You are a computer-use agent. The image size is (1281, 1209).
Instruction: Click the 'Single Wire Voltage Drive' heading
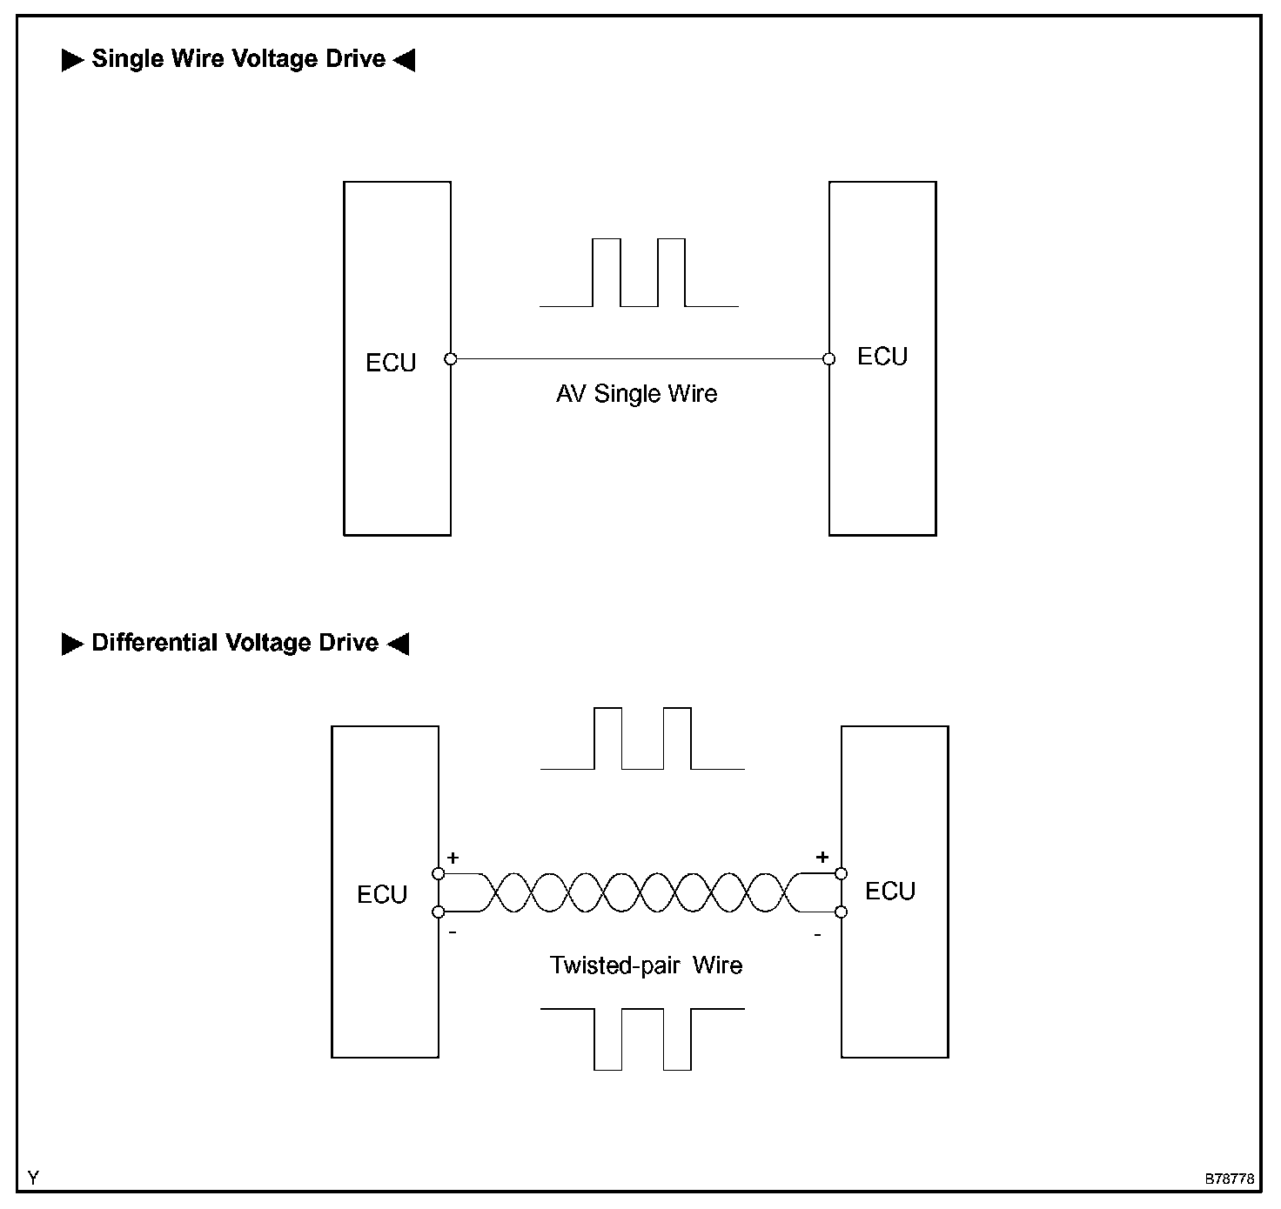pyautogui.click(x=238, y=59)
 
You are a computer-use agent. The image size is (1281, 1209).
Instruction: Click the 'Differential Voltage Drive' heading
pyautogui.click(x=235, y=643)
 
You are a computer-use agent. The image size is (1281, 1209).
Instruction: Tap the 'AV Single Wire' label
pyautogui.click(x=637, y=394)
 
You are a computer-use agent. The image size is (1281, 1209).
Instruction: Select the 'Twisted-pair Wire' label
pyautogui.click(x=646, y=965)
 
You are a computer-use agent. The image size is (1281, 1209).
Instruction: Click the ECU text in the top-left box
pyautogui.click(x=391, y=363)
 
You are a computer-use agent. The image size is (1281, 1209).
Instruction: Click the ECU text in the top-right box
pyautogui.click(x=882, y=357)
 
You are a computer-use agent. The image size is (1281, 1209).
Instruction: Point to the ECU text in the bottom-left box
pyautogui.click(x=382, y=895)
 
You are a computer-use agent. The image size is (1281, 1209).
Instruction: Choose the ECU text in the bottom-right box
pyautogui.click(x=890, y=892)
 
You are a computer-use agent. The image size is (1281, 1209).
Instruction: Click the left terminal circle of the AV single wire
pyautogui.click(x=450, y=358)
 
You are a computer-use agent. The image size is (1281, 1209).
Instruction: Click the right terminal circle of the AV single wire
pyautogui.click(x=829, y=358)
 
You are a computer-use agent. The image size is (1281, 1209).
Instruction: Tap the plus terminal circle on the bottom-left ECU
pyautogui.click(x=439, y=873)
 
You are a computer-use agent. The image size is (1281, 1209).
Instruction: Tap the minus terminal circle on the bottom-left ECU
pyautogui.click(x=439, y=912)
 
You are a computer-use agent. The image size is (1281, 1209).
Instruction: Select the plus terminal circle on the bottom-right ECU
pyautogui.click(x=842, y=873)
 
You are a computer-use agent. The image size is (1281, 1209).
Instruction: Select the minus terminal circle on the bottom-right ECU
pyautogui.click(x=842, y=912)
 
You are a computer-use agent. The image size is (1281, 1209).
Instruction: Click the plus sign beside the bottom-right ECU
pyautogui.click(x=822, y=858)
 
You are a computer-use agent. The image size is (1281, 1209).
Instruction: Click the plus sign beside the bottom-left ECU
pyautogui.click(x=453, y=858)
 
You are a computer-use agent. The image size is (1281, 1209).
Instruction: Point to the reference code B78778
pyautogui.click(x=1229, y=1179)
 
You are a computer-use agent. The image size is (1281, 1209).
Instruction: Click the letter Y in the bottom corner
pyautogui.click(x=33, y=1179)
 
